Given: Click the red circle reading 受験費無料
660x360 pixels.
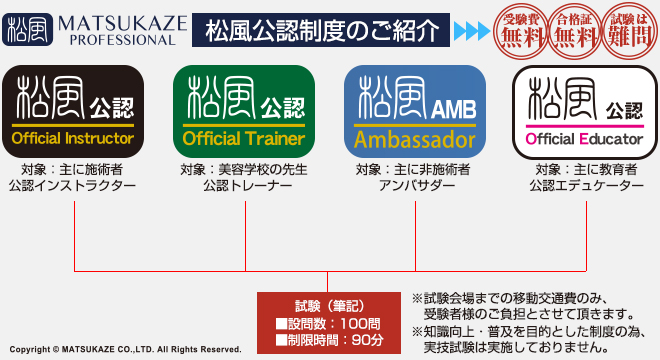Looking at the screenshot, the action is (x=521, y=29).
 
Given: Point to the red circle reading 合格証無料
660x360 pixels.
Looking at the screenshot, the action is (x=572, y=29).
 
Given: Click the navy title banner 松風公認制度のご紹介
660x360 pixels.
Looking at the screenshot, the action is (x=321, y=30).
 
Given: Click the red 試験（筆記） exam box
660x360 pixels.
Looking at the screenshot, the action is (x=329, y=320).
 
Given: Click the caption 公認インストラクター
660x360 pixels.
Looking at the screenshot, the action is (x=73, y=186).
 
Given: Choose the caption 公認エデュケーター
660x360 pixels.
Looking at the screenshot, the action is (x=585, y=186).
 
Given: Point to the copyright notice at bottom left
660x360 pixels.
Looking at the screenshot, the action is (x=125, y=351).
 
